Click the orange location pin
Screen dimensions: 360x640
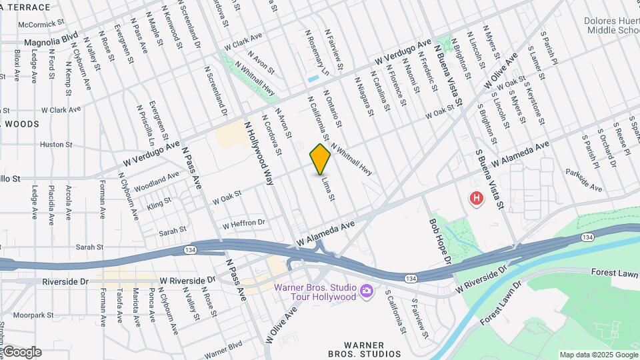tap(320, 159)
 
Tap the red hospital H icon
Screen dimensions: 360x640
tap(476, 198)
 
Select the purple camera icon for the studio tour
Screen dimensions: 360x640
tap(365, 291)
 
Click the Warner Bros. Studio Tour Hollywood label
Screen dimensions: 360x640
tap(315, 292)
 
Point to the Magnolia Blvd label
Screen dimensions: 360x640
tap(51, 41)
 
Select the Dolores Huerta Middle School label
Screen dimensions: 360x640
tap(611, 25)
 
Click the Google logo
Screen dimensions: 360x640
tap(21, 352)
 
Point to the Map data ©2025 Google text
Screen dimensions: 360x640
tap(599, 355)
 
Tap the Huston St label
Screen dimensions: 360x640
tap(56, 144)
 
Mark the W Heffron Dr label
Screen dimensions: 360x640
tap(244, 224)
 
